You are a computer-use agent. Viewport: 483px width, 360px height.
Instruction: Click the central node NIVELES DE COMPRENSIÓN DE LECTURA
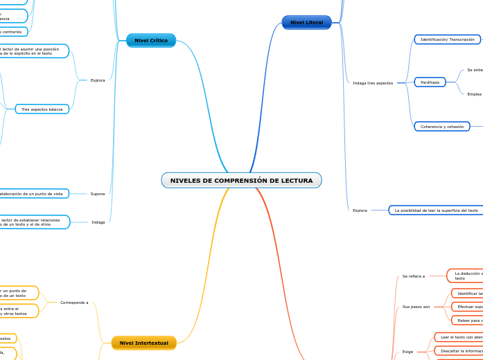(x=241, y=181)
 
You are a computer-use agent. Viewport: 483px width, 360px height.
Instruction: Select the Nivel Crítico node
(x=151, y=41)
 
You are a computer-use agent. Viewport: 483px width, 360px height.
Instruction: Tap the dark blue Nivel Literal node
(x=306, y=23)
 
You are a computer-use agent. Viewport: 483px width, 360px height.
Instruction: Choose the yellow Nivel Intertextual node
(x=143, y=343)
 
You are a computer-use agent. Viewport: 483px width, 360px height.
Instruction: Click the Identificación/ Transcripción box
(x=447, y=39)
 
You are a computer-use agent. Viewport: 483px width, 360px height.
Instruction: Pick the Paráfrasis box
(x=430, y=82)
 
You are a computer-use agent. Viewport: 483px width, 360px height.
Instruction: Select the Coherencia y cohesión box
(x=441, y=127)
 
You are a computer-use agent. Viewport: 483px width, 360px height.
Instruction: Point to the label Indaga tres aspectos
(x=373, y=83)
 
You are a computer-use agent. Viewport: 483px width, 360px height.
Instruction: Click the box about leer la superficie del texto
(x=436, y=210)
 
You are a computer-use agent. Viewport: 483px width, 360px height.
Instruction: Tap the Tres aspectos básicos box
(x=42, y=109)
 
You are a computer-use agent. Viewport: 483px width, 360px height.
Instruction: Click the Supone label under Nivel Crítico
(x=98, y=194)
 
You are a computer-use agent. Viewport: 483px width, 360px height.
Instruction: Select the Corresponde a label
(x=74, y=303)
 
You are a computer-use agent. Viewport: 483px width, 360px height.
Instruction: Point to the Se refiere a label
(x=414, y=276)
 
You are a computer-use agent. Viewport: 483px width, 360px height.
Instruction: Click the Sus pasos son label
(x=416, y=306)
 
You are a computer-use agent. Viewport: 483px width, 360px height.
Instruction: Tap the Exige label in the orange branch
(x=407, y=352)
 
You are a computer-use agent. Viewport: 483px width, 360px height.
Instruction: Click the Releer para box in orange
(x=468, y=320)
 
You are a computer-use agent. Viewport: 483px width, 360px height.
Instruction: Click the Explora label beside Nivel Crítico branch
(x=98, y=80)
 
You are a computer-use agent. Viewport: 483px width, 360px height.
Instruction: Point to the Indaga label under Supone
(x=98, y=222)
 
